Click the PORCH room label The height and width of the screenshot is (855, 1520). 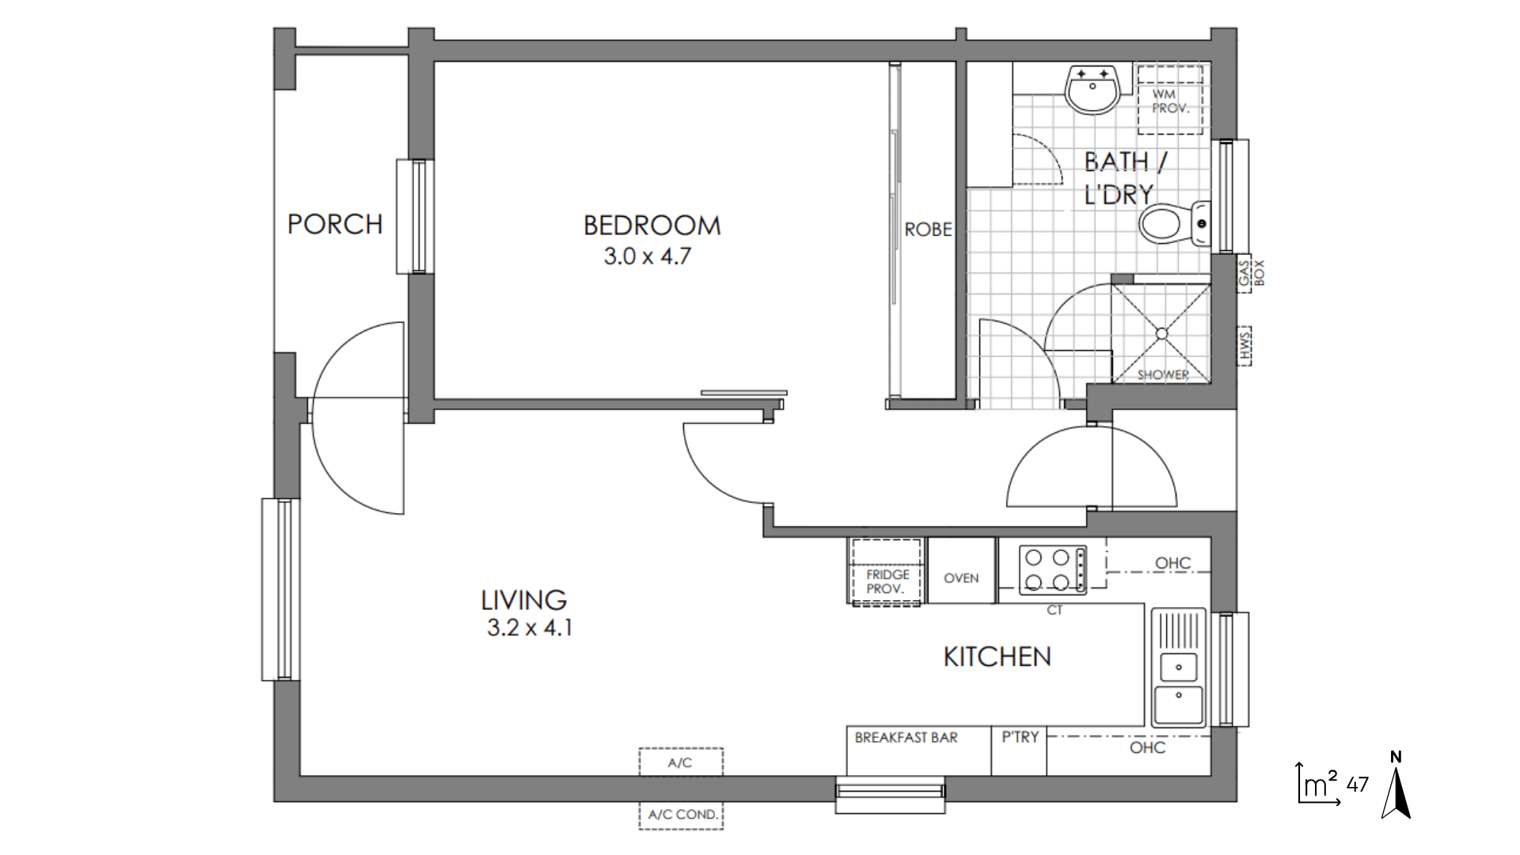[335, 224]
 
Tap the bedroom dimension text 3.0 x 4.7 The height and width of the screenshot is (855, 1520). [648, 256]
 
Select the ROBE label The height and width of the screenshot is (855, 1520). [928, 230]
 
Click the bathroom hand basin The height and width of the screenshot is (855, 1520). [1092, 89]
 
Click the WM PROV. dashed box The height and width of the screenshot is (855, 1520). [1170, 100]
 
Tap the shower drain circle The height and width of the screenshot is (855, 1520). [1161, 333]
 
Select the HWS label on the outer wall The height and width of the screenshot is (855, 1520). [1245, 346]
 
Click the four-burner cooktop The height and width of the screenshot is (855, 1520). [1052, 569]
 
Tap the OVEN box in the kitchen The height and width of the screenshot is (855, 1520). [961, 570]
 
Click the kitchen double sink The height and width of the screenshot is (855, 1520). [1178, 667]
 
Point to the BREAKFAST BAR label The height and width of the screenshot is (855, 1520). [906, 738]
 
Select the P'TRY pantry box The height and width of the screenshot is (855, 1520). [1019, 750]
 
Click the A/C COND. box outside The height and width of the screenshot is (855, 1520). [681, 815]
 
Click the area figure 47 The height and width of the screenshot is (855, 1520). [1357, 785]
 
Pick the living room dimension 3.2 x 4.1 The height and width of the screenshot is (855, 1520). [529, 628]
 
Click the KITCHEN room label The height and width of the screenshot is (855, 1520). [997, 656]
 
